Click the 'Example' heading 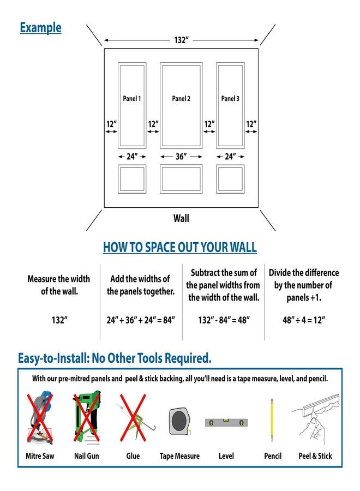point(40,28)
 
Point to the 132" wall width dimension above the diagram point(181,40)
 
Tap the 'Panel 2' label point(181,99)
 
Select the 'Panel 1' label point(132,99)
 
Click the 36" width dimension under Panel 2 point(181,156)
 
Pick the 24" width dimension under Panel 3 point(230,156)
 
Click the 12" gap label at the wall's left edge point(111,124)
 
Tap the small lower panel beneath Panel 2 point(181,179)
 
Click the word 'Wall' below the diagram point(181,218)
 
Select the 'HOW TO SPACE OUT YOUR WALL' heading point(180,247)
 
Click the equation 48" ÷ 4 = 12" point(304,320)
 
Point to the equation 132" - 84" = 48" point(224,320)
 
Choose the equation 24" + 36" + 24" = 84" point(141,320)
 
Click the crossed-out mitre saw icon point(40,418)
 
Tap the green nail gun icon point(87,417)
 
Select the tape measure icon point(179,421)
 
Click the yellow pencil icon point(272,420)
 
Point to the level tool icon point(226,422)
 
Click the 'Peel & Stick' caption point(315,456)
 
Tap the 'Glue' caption point(133,456)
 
